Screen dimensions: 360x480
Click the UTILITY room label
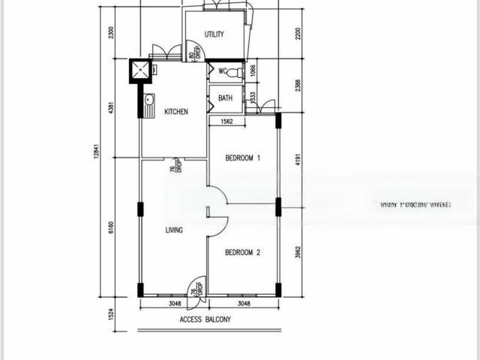point(214,34)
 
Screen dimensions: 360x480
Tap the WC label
point(222,72)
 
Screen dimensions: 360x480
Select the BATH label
point(225,98)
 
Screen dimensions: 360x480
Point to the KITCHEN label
point(176,112)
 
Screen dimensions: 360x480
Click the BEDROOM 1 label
point(243,158)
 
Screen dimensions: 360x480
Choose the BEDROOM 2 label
point(243,253)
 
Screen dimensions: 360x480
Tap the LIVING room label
point(174,230)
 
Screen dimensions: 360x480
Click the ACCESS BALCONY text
point(205,319)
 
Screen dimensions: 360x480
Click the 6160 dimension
point(111,227)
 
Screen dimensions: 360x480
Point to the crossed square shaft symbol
point(140,70)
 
